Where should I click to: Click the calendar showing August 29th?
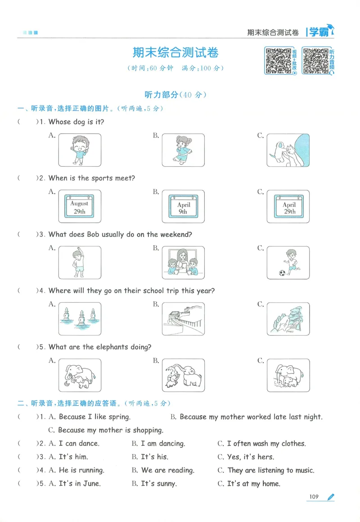tap(79, 207)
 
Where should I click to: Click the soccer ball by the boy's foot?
tap(282, 273)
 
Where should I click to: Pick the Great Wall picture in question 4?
tap(183, 319)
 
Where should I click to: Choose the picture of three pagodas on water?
tap(79, 319)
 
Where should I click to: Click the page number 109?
tap(314, 497)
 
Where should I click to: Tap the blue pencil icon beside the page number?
tap(331, 497)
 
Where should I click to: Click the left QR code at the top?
tap(278, 61)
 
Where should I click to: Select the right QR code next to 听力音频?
tap(315, 61)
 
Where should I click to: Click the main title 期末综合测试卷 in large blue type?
tap(175, 53)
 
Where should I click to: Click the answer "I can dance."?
tap(79, 443)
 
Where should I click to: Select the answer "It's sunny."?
tap(158, 484)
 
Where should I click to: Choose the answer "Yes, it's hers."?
tap(250, 457)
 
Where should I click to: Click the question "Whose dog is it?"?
tap(76, 122)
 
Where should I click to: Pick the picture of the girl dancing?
tap(183, 150)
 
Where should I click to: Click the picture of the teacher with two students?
tap(183, 263)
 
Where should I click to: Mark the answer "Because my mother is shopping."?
tap(110, 430)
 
